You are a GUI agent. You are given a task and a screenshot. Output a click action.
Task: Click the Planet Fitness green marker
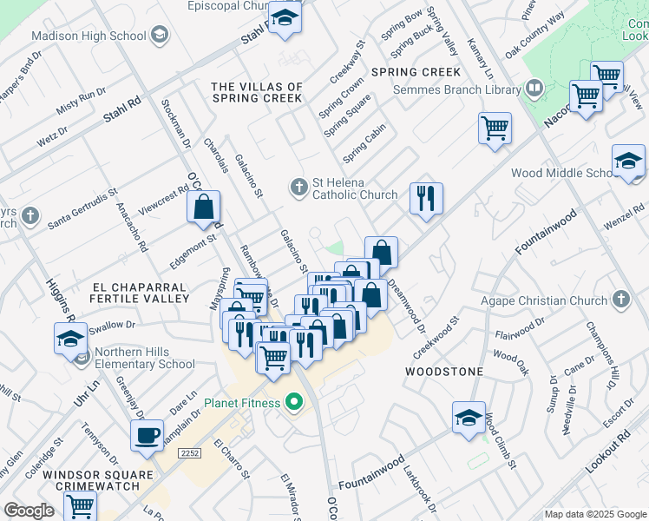(x=293, y=402)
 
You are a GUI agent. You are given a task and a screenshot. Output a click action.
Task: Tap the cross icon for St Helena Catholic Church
(x=298, y=187)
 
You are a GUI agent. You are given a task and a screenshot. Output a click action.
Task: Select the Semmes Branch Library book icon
(x=535, y=88)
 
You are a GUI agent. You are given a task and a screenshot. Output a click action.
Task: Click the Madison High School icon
(x=159, y=36)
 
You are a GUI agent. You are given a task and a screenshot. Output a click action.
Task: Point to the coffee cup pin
(x=147, y=434)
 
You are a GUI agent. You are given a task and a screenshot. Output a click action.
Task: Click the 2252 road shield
(x=189, y=453)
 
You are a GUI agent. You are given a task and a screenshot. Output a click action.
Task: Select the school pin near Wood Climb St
(x=469, y=417)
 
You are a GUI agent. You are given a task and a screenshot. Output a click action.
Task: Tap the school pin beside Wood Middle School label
(x=628, y=160)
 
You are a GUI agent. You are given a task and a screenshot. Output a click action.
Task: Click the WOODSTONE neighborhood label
(x=444, y=371)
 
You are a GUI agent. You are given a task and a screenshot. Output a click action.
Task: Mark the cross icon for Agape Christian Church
(x=619, y=300)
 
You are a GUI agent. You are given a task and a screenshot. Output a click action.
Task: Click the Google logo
(x=29, y=511)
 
